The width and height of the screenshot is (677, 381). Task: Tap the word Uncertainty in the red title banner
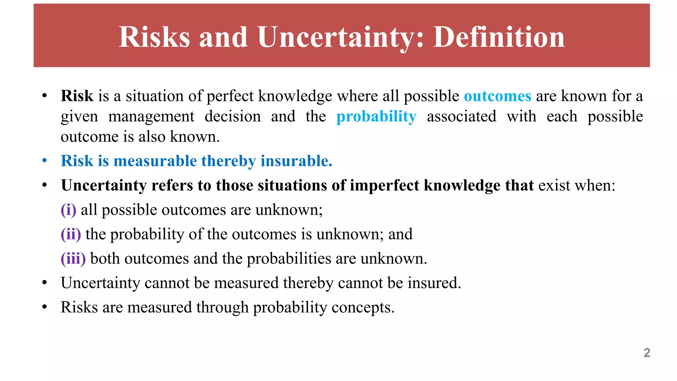coord(340,37)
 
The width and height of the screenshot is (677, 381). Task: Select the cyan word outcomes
coord(498,96)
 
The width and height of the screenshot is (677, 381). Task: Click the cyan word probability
coord(376,117)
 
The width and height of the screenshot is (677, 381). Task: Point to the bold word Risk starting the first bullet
coord(77,96)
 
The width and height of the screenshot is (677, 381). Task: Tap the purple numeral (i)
coord(68,210)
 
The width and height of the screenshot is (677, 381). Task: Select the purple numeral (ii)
coord(71,234)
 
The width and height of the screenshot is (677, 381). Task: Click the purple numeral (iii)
coord(73,259)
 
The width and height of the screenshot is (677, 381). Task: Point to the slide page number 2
coord(647,353)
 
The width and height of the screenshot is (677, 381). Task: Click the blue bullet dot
coord(45,161)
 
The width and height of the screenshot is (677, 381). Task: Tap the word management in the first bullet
coord(151,117)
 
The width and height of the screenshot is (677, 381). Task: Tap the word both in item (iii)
coord(105,259)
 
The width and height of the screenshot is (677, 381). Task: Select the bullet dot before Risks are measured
coord(45,307)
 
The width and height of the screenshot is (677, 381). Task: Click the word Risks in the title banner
coord(154,37)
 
